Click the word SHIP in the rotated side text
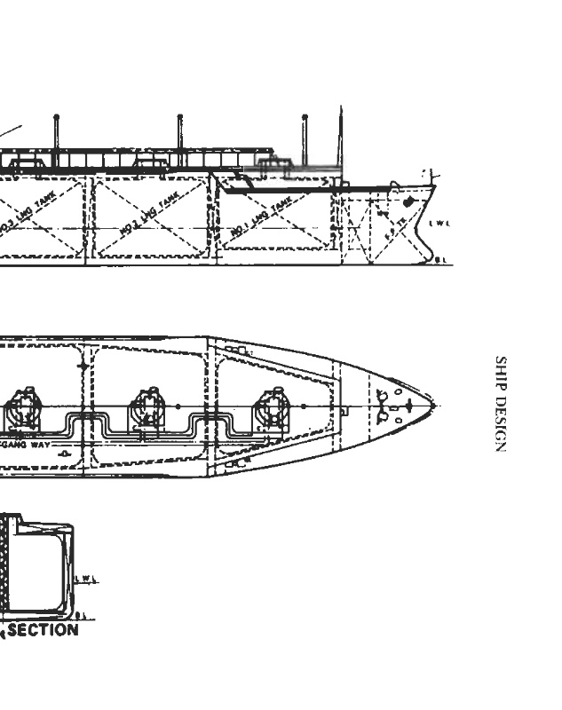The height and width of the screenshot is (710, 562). [x=500, y=373]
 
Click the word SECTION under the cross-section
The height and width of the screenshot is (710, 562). [x=42, y=630]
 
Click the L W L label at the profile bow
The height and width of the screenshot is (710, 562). [x=439, y=223]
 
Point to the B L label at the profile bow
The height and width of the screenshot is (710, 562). [x=441, y=259]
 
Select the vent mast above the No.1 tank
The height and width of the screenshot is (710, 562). [x=305, y=140]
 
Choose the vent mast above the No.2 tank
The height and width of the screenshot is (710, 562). [x=180, y=140]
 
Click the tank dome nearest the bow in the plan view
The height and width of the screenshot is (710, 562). [x=271, y=407]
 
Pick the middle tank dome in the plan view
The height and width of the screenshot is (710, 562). [x=147, y=407]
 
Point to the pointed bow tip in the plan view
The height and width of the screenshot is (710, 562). [x=433, y=406]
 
